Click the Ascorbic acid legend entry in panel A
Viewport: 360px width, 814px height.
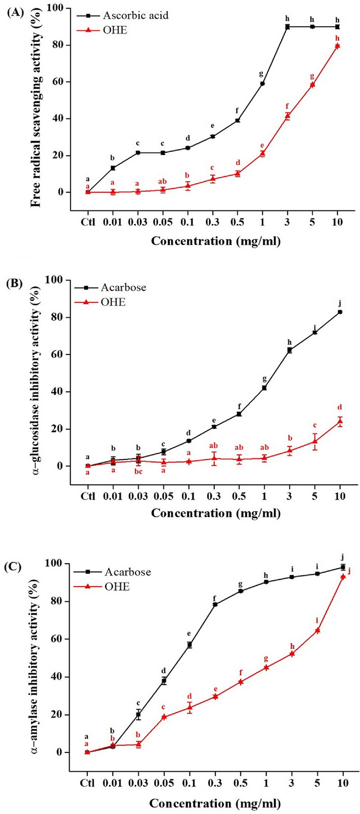(x=135, y=15)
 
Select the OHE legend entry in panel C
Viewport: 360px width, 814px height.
(x=117, y=587)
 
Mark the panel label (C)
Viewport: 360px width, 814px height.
(x=14, y=566)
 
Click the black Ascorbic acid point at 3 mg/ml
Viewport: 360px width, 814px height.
(x=287, y=27)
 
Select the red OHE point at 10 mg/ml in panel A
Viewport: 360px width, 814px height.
(x=337, y=46)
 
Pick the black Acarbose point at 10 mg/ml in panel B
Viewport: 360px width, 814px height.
(x=340, y=312)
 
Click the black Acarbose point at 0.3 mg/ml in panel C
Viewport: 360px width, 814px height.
(x=215, y=604)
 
